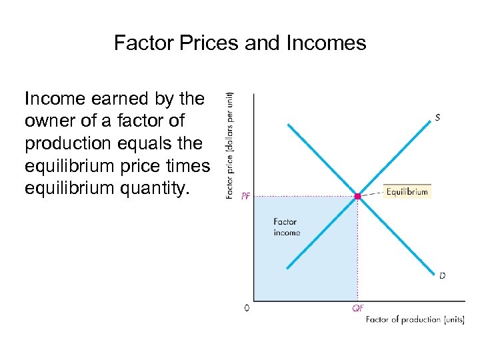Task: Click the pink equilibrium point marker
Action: click(x=357, y=196)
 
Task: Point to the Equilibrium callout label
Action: click(x=407, y=191)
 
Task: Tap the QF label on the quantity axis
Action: click(x=358, y=309)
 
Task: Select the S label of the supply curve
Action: click(x=437, y=117)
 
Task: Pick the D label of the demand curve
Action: click(x=442, y=275)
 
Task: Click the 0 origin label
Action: click(x=247, y=308)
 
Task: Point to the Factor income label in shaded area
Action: click(x=287, y=227)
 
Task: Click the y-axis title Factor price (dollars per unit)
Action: click(x=230, y=145)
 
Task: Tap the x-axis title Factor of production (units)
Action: click(x=415, y=320)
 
